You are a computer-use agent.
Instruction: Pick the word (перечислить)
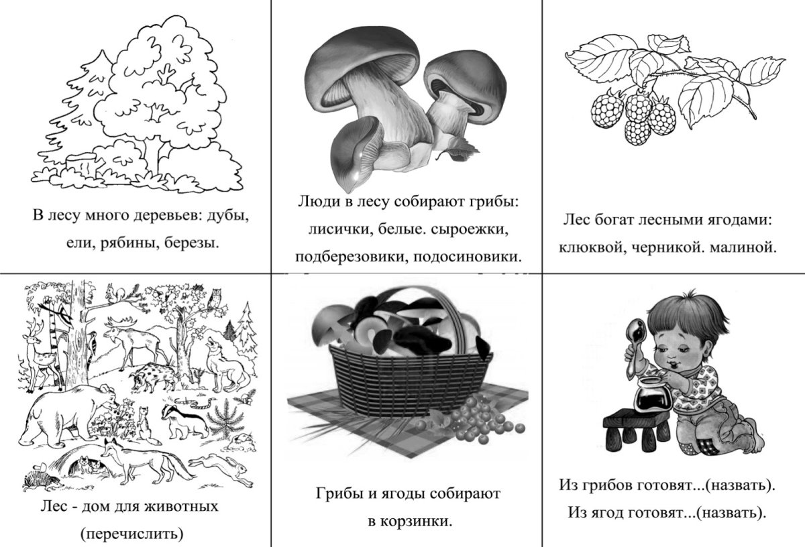[x=130, y=534]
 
